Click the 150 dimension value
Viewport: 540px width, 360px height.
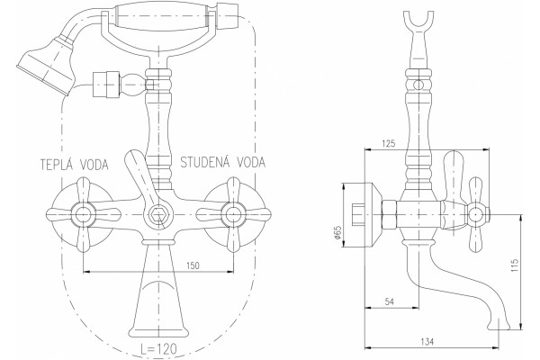click(x=193, y=265)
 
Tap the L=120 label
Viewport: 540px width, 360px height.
click(x=158, y=349)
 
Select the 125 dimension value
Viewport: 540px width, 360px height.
click(x=389, y=143)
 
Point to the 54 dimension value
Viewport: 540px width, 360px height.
click(x=389, y=301)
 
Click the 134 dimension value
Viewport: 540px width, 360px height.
click(x=427, y=342)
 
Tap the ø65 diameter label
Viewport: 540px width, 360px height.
click(x=337, y=232)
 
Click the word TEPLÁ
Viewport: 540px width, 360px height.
click(x=57, y=165)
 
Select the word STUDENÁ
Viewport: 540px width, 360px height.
click(x=204, y=162)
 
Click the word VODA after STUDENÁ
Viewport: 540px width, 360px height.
click(x=251, y=162)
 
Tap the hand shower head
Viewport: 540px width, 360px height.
click(x=47, y=66)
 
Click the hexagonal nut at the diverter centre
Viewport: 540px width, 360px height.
click(x=158, y=215)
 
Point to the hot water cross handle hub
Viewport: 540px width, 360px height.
click(x=83, y=214)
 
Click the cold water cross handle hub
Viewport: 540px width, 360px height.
click(x=233, y=214)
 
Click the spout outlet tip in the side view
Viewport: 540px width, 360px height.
click(x=499, y=326)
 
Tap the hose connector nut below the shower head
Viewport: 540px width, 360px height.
click(x=106, y=85)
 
